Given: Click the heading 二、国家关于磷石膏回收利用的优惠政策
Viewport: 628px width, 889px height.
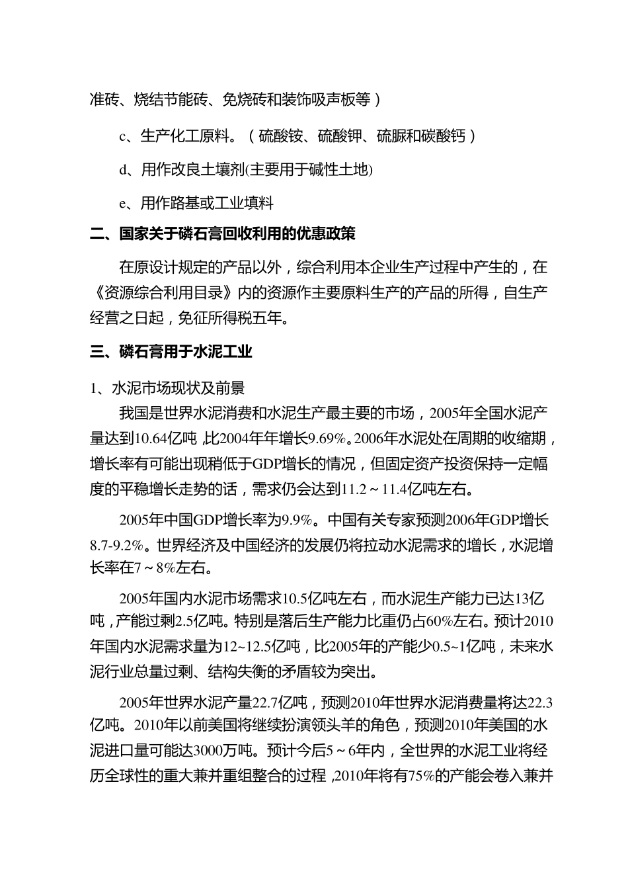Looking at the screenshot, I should [x=223, y=234].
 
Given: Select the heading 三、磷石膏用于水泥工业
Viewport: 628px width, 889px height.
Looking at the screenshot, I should [x=171, y=352].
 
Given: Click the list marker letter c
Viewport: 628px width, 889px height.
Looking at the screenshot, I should [x=122, y=137].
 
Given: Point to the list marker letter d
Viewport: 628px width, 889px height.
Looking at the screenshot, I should [x=123, y=170].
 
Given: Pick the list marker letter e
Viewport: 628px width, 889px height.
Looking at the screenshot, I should [x=122, y=204].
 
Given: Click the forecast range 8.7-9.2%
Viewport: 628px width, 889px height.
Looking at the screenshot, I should [x=116, y=546].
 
